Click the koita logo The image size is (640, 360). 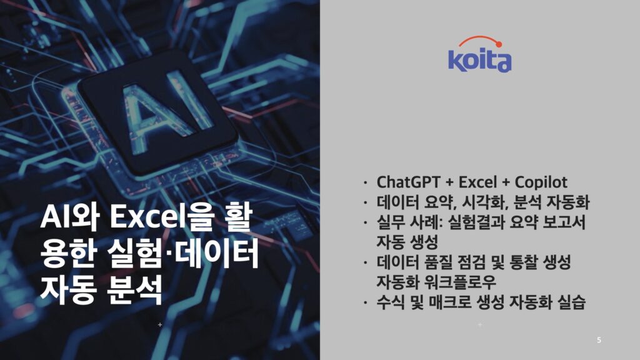479,55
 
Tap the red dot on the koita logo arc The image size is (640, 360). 498,44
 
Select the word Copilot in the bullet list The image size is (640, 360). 541,182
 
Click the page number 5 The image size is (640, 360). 599,340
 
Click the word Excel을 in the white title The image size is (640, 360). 162,217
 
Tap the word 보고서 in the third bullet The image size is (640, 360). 564,222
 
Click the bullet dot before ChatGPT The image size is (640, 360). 366,182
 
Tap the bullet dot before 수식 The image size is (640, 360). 366,302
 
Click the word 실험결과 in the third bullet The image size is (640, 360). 477,222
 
